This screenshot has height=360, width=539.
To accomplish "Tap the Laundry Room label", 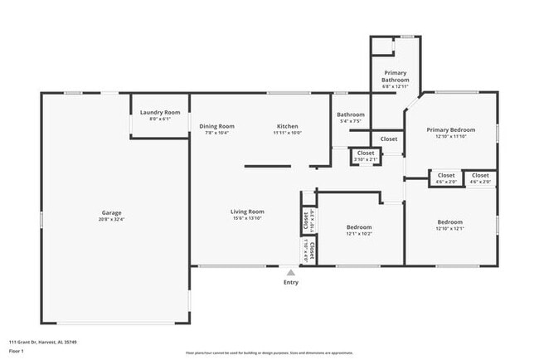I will (x=160, y=112).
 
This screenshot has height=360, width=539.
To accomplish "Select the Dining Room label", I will (x=217, y=126).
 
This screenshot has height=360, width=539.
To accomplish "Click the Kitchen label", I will (x=288, y=126).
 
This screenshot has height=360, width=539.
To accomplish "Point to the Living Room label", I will (x=247, y=212).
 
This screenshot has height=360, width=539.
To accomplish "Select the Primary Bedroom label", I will (x=451, y=130).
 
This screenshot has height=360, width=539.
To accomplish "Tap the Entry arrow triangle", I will (x=290, y=271).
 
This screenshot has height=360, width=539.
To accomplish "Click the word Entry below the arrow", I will (x=290, y=283).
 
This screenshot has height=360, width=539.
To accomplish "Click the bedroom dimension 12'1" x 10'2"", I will (x=359, y=234).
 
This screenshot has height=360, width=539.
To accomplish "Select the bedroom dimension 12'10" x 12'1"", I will (x=450, y=229).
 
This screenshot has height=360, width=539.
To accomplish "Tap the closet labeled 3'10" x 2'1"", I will (x=366, y=159).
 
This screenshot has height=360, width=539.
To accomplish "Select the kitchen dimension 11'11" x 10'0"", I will (x=288, y=133).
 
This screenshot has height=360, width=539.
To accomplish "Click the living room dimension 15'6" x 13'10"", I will (x=247, y=219).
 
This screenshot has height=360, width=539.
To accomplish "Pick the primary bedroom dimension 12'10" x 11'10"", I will (x=451, y=137).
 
